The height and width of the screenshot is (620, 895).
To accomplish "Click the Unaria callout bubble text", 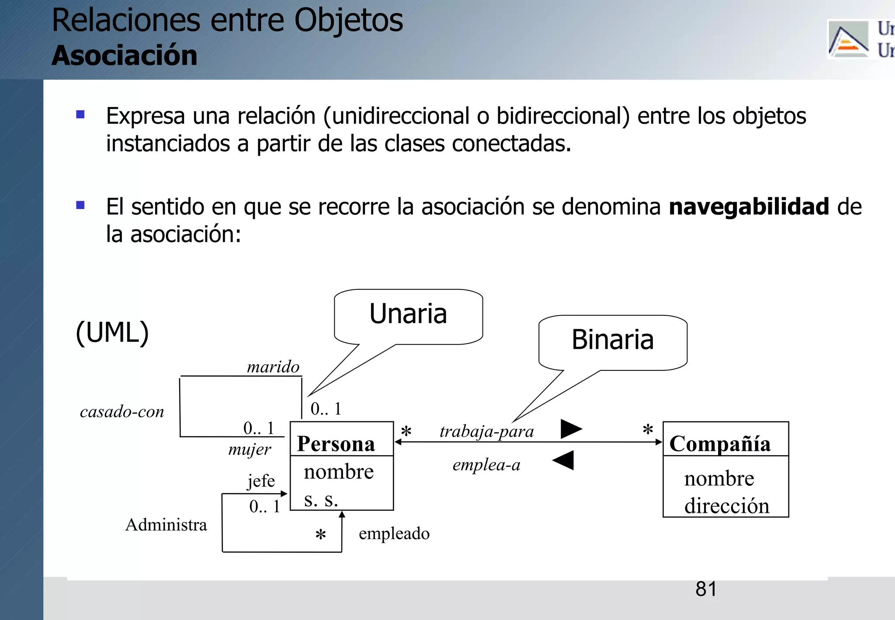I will point(408,314).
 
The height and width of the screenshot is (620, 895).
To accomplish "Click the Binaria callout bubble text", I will point(612,340).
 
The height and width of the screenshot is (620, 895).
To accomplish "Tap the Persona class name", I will point(336,444).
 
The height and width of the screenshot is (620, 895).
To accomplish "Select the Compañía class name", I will point(720,444).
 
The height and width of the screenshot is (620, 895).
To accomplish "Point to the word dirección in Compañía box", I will point(726,506).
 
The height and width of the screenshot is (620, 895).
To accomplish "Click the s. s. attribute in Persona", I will point(321,499).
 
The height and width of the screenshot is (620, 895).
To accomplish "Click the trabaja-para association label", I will point(486,432).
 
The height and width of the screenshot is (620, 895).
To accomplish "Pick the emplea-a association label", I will point(486,465).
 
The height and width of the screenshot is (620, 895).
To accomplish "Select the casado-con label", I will point(122,412).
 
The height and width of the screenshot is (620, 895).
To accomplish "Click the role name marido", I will point(273,367).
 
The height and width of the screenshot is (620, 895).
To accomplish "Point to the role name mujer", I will point(250,449).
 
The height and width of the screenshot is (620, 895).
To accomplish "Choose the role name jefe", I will point(261,481).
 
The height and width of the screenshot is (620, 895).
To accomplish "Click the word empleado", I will point(394,533).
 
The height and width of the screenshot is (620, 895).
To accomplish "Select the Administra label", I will point(166,525).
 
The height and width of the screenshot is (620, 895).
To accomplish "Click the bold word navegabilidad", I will point(749,207).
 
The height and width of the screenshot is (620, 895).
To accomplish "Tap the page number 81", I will point(706,589).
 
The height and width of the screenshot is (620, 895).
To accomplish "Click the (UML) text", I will point(112,333).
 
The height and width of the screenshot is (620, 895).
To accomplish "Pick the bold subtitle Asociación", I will point(125,56).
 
